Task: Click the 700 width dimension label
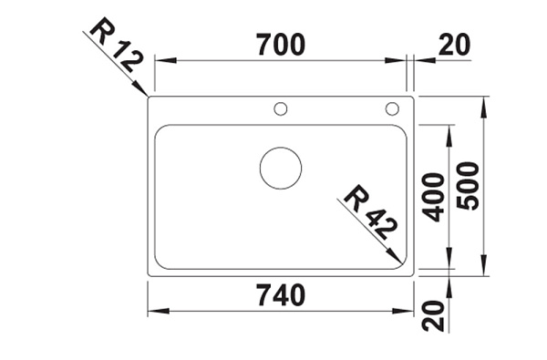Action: coord(281,45)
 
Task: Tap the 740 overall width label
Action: coord(281,295)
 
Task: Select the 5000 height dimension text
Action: coord(469,186)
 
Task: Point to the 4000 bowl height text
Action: coord(433,197)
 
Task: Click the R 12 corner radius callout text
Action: coord(116,45)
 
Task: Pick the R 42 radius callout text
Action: coord(370,211)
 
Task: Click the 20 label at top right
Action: coord(454,45)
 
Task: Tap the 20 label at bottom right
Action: coord(433,315)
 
